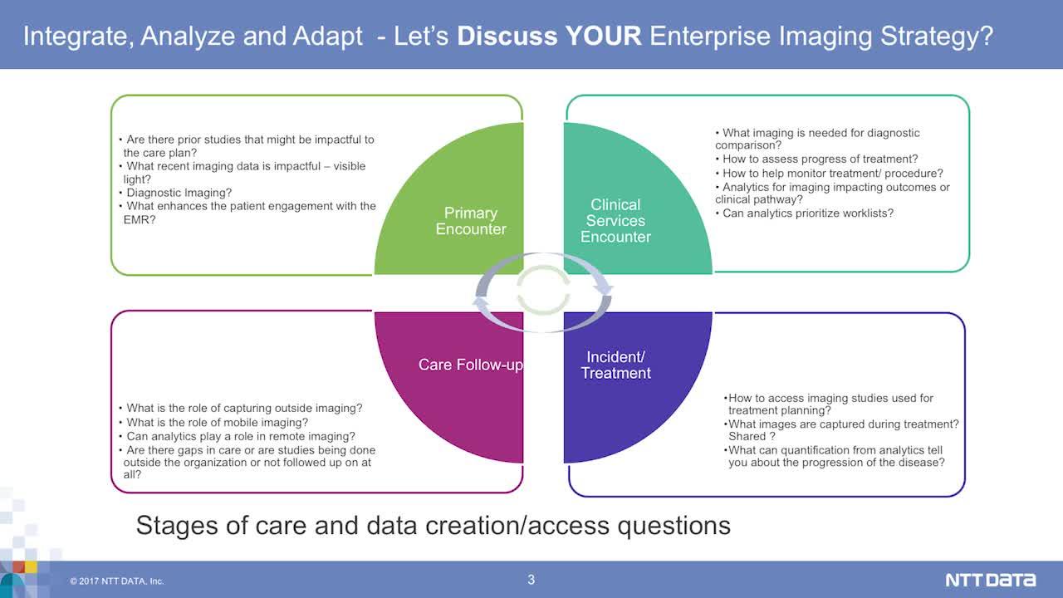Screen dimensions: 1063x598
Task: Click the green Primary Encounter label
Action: pyautogui.click(x=471, y=221)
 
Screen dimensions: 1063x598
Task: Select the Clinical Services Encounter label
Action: pyautogui.click(x=615, y=221)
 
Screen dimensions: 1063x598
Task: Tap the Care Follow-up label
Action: pyautogui.click(x=471, y=365)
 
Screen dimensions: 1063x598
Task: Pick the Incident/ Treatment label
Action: pyautogui.click(x=615, y=365)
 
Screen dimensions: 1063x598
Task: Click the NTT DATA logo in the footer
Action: pyautogui.click(x=991, y=580)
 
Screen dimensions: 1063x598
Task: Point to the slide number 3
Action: pyautogui.click(x=531, y=580)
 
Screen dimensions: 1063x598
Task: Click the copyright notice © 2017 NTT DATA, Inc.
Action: pyautogui.click(x=117, y=581)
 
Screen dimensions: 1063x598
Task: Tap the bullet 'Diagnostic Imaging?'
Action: pyautogui.click(x=175, y=193)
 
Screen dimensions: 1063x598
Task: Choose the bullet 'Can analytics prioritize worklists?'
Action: pyautogui.click(x=805, y=213)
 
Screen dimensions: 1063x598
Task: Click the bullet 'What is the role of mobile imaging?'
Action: pyautogui.click(x=213, y=423)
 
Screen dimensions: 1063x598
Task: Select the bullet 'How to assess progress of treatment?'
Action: pyautogui.click(x=816, y=159)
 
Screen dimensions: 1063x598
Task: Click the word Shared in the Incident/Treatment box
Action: pyautogui.click(x=747, y=437)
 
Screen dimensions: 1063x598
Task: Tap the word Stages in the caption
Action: pyautogui.click(x=177, y=526)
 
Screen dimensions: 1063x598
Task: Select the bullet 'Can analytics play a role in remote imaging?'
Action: pyautogui.click(x=237, y=437)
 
